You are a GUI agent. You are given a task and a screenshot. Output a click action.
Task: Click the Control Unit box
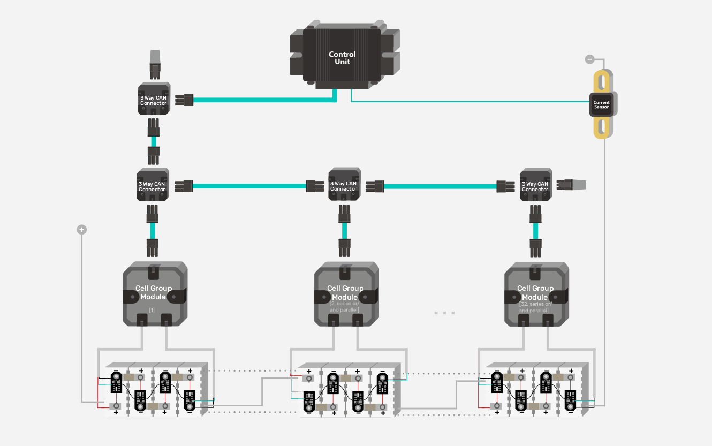coord(342,58)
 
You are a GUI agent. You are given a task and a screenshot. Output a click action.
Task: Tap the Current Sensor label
coord(601,105)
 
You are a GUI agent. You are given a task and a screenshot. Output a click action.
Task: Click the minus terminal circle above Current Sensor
coord(589,59)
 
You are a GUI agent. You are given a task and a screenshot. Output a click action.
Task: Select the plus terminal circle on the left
coord(81,230)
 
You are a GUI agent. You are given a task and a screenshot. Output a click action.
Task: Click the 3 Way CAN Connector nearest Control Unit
coord(154,99)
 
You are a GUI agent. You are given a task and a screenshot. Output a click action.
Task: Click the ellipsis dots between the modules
coord(444,313)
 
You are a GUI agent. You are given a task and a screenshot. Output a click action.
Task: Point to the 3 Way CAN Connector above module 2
coord(344,185)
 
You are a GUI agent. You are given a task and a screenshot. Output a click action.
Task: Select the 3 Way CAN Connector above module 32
coord(535,185)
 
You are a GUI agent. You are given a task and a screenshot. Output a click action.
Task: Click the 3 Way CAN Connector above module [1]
coord(152,185)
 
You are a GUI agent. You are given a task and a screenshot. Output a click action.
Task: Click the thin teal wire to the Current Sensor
coord(471,101)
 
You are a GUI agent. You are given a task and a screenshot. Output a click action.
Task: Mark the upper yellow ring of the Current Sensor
coord(602,82)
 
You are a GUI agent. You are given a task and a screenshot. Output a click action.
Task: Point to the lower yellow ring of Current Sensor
coord(602,127)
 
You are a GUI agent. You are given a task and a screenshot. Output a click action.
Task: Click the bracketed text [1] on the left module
coord(152,310)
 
